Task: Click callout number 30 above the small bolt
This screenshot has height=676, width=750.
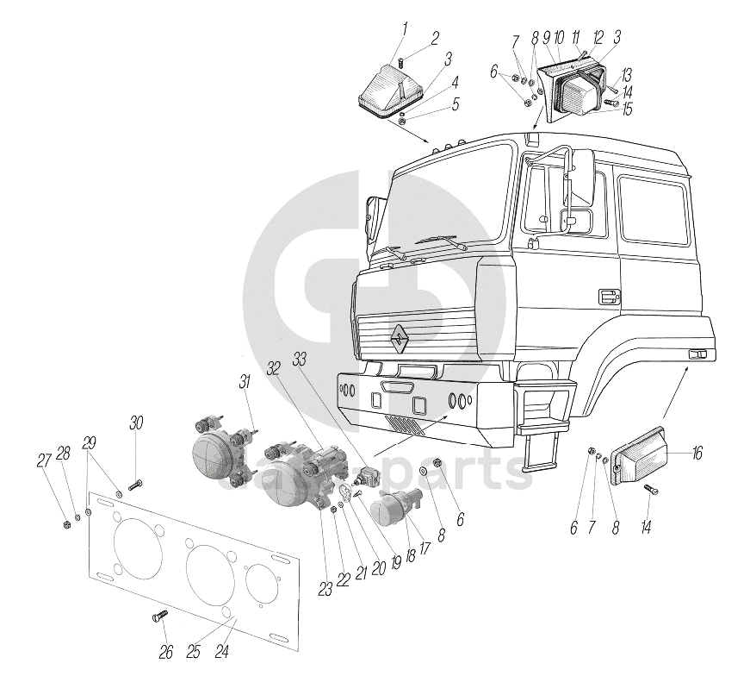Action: point(137,422)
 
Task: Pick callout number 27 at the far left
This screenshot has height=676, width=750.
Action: point(43,460)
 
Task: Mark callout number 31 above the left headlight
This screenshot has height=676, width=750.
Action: point(245,382)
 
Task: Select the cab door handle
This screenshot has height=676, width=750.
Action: point(608,297)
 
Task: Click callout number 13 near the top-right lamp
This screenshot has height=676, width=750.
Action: point(625,74)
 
